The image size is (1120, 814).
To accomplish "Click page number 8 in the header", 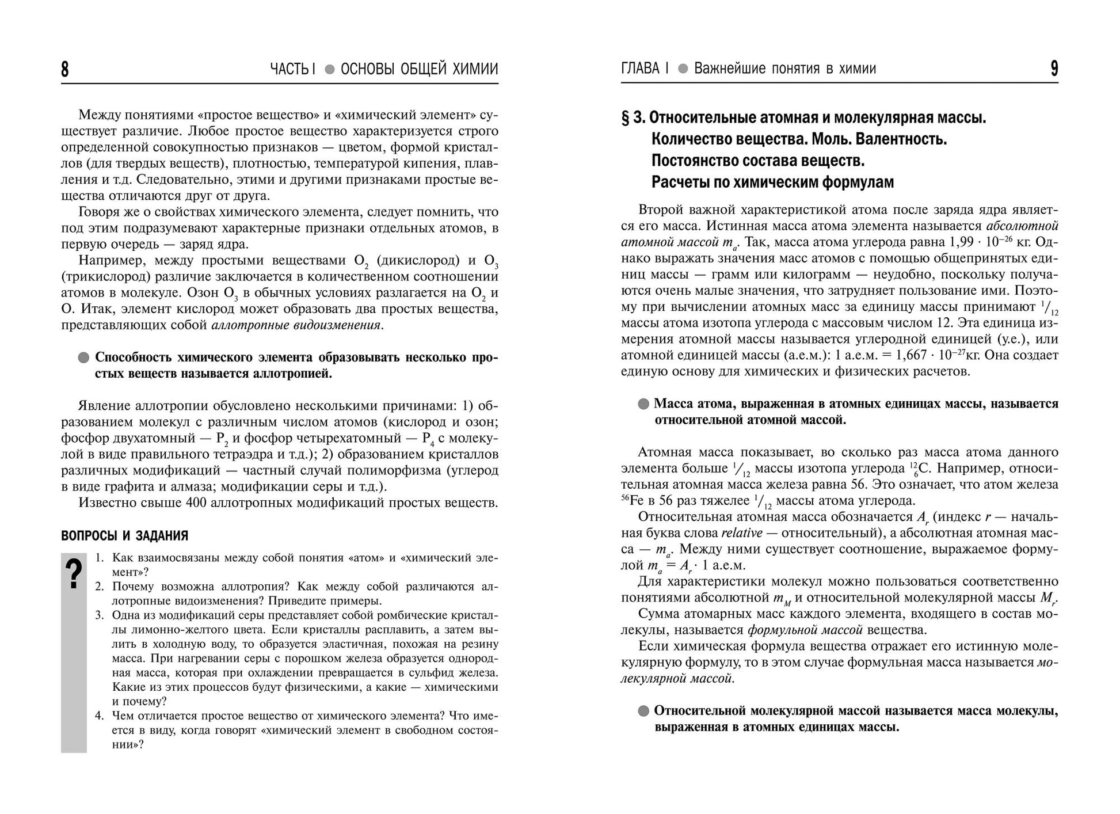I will click(x=65, y=69).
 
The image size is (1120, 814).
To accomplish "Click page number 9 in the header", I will click(x=1054, y=69).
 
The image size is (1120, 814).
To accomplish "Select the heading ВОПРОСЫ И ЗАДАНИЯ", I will click(x=124, y=536).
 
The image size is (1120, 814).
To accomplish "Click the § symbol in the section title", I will click(x=626, y=118).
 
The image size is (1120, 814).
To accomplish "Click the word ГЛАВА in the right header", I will click(x=641, y=69).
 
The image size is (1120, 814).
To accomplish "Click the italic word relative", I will click(x=742, y=532).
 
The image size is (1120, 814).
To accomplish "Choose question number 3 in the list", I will click(x=99, y=615).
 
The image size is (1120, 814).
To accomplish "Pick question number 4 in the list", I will click(x=99, y=716).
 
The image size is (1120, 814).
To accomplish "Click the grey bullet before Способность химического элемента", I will click(x=83, y=357).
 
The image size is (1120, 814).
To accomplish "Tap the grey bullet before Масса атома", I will click(x=643, y=404).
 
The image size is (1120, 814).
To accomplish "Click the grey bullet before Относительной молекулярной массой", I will click(x=643, y=711).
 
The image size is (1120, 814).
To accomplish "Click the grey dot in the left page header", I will click(x=329, y=70).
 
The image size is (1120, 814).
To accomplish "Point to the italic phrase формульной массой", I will click(x=805, y=630).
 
